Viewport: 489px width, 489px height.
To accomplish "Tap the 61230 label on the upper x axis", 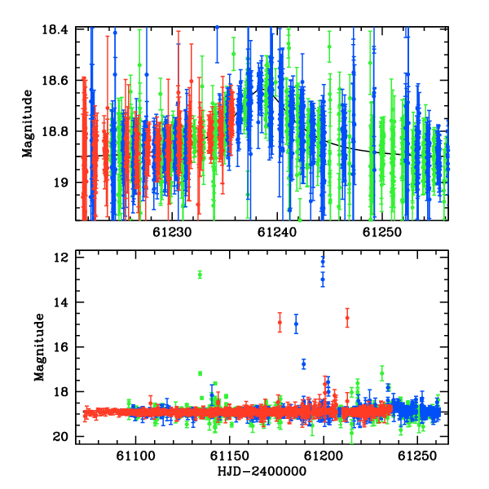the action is point(172,232).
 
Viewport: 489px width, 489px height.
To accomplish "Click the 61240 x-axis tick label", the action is point(276,232).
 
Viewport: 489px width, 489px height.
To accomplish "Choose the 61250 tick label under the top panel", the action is point(381,232).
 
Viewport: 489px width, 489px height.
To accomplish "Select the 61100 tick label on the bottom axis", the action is point(135,456).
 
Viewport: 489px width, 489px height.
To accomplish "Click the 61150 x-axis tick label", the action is point(230,456).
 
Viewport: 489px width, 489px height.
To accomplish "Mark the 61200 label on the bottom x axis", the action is point(324,456).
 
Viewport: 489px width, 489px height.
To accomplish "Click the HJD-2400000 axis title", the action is point(262,471).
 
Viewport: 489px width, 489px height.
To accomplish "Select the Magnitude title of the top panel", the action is point(28,124).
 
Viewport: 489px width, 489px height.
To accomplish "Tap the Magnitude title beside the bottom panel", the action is point(39,347).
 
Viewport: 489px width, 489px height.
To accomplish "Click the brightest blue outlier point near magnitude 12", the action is point(323,262).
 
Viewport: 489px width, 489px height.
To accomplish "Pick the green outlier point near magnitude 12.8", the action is point(200,275).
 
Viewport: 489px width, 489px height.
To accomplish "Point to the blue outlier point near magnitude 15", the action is point(297,324).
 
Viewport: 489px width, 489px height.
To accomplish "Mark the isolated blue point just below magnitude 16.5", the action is point(304,364).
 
